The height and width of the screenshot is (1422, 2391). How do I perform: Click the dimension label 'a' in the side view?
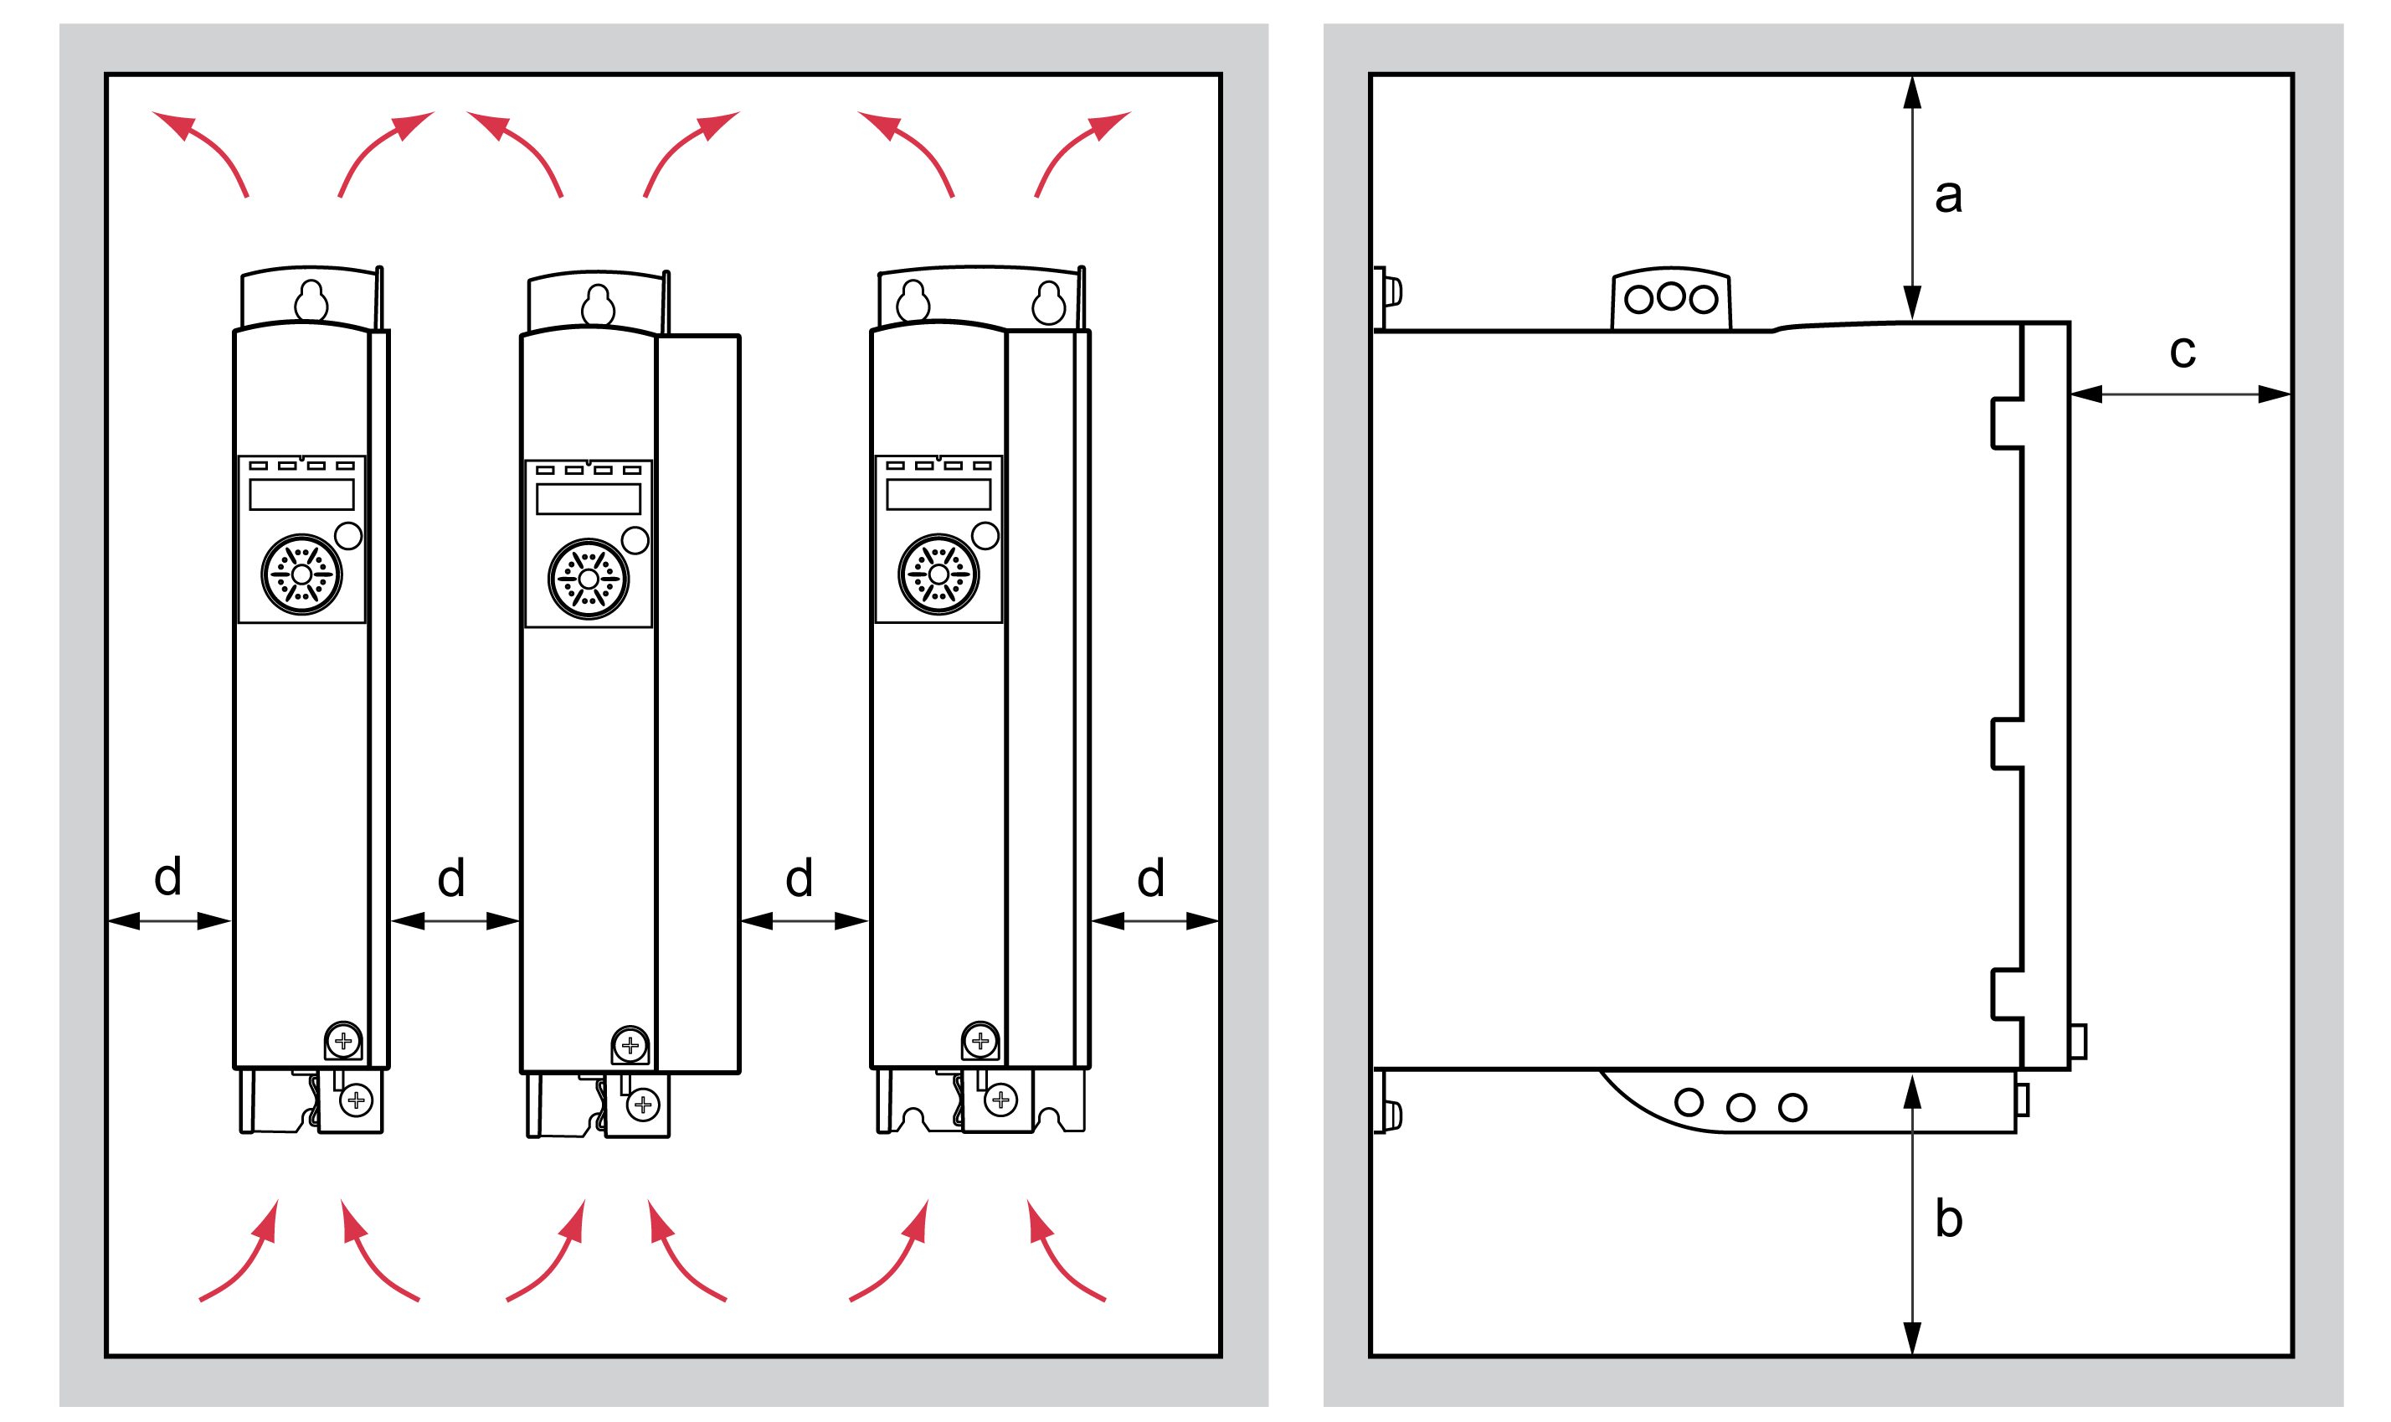click(1948, 197)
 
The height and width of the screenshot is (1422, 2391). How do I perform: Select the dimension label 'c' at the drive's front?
click(2183, 352)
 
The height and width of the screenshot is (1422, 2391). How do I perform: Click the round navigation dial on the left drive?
click(301, 574)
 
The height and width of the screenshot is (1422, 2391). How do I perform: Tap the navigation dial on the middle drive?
click(589, 579)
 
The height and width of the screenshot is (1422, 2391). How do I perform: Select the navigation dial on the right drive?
click(938, 574)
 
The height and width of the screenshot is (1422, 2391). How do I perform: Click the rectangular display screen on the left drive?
click(301, 494)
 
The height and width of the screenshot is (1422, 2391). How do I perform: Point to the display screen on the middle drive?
click(589, 499)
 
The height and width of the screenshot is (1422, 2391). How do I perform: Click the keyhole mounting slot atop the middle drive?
click(599, 306)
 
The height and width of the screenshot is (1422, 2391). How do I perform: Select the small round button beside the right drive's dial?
click(985, 536)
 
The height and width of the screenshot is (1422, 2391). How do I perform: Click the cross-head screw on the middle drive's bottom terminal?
click(643, 1105)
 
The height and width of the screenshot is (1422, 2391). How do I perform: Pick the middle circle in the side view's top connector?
click(1671, 296)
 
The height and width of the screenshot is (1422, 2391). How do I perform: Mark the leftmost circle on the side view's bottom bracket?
click(1689, 1102)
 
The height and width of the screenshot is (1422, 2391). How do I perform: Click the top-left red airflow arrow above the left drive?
click(200, 153)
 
